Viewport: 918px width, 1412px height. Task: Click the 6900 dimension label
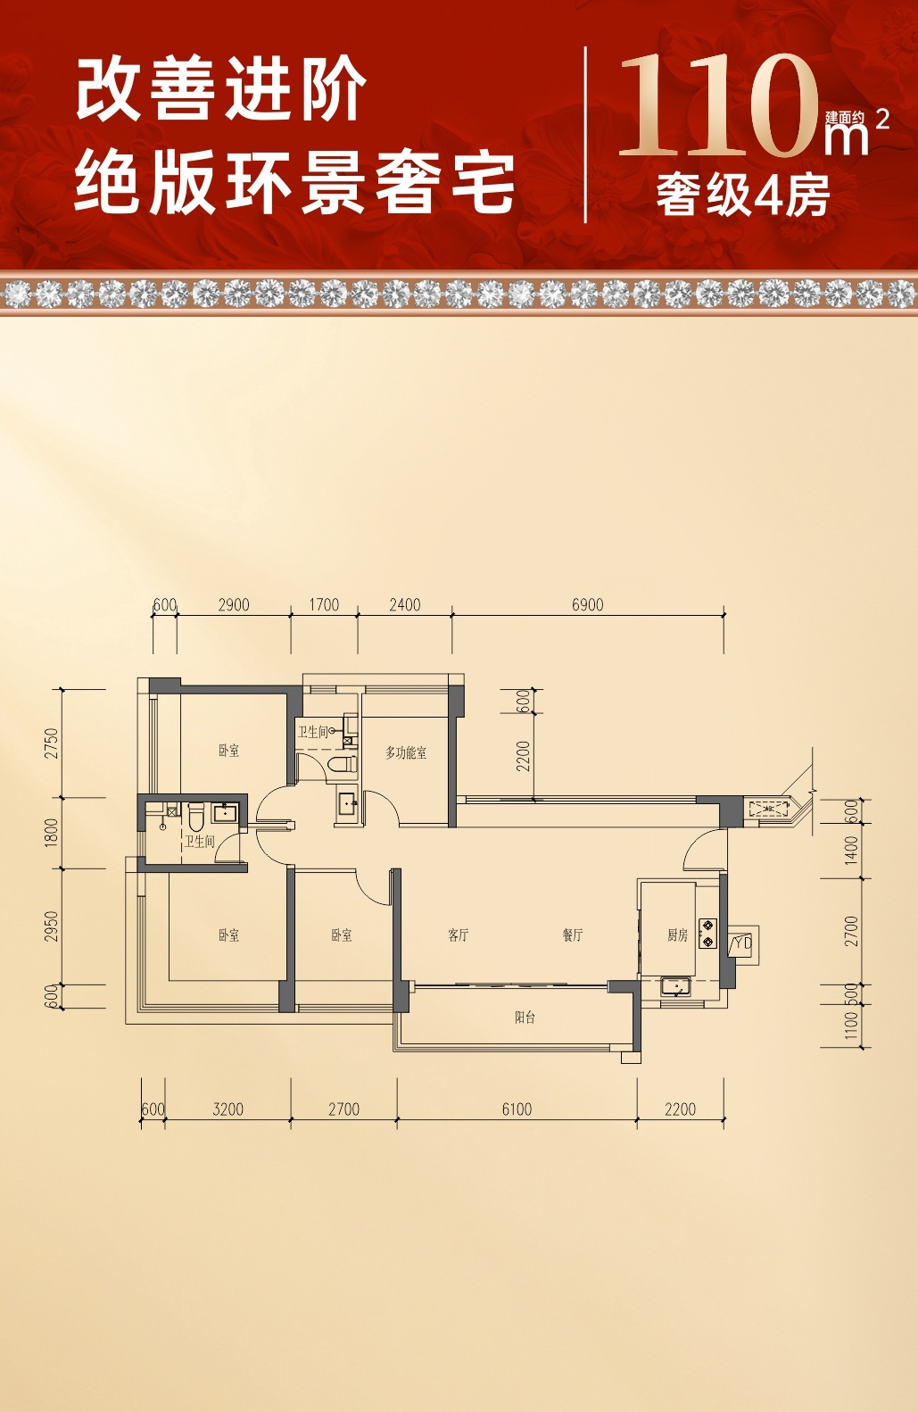click(587, 605)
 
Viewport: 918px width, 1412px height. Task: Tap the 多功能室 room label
click(406, 752)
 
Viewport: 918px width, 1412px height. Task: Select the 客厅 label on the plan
click(458, 934)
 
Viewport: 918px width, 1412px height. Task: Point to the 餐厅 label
click(573, 934)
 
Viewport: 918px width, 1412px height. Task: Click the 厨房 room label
click(677, 934)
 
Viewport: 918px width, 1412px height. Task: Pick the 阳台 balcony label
click(525, 1017)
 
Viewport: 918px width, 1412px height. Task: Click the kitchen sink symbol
click(675, 986)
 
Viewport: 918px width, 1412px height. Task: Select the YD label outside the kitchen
click(743, 943)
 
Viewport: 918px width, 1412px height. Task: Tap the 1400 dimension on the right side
click(851, 850)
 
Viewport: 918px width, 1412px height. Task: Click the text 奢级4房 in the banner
click(743, 195)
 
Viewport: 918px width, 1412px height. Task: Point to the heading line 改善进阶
click(220, 89)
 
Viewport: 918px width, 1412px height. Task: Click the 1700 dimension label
click(324, 605)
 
